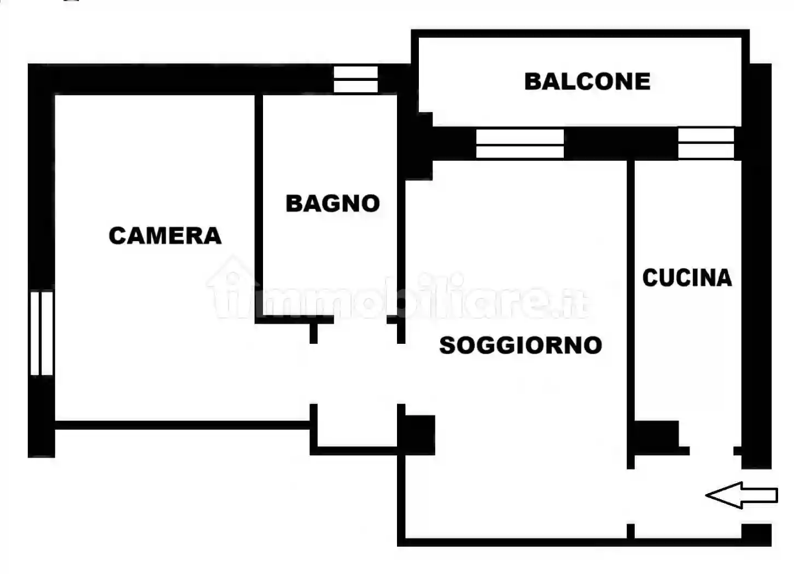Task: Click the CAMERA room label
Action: tap(165, 236)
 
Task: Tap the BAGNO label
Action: tap(332, 203)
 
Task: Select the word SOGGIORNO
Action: tap(521, 345)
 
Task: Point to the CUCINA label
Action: tap(687, 278)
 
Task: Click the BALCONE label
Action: tap(587, 81)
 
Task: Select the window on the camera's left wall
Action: tap(42, 333)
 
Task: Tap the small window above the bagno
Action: tap(355, 79)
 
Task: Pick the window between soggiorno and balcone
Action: tap(519, 144)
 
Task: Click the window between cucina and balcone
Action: tap(706, 143)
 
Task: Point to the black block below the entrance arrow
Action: tap(756, 534)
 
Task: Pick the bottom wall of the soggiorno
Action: tap(514, 542)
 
